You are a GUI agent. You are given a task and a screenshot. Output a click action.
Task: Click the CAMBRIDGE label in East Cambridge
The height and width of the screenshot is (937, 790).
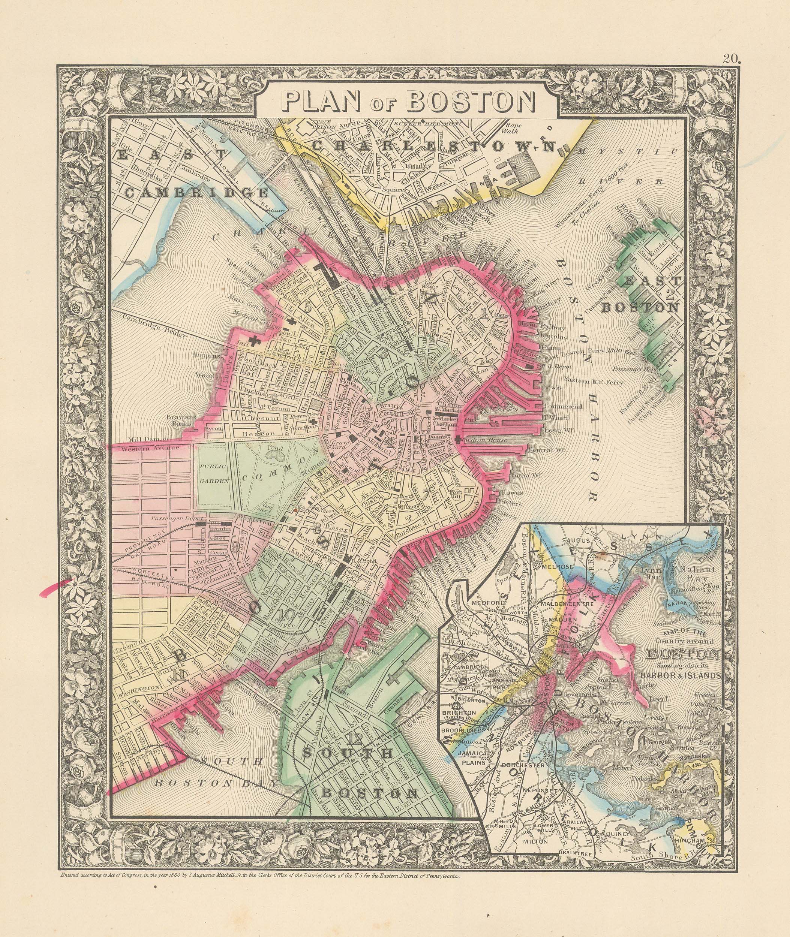pos(197,193)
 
